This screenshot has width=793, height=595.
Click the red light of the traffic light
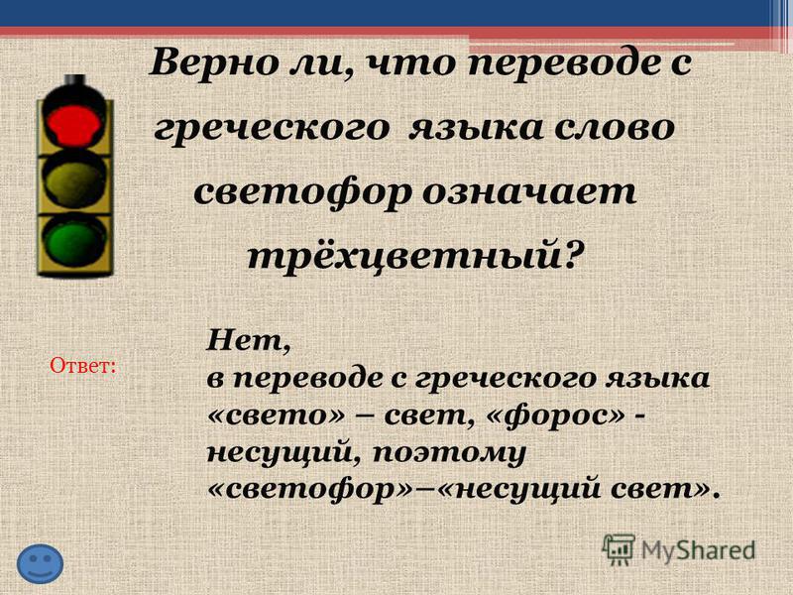point(73,122)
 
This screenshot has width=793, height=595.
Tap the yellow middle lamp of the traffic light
point(73,181)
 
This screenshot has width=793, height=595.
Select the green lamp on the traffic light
point(73,242)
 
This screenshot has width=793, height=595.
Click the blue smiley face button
point(40,563)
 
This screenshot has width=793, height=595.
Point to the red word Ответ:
point(83,365)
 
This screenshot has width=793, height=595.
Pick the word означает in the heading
point(528,192)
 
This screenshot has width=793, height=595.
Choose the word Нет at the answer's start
point(249,341)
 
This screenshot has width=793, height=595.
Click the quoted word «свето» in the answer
point(276,416)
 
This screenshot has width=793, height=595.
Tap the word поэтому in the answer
point(449,453)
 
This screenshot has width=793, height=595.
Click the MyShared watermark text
point(699,550)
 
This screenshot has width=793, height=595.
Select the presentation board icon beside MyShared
point(619,550)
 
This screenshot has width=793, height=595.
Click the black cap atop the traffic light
point(75,80)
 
